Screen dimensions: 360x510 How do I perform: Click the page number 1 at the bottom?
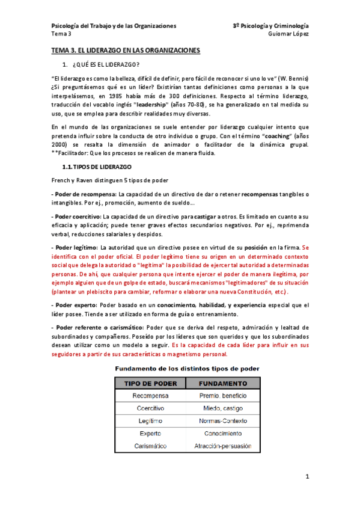click(307, 477)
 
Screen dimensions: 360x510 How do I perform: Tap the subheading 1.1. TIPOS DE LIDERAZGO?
click(97, 165)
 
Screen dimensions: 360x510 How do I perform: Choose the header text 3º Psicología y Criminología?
click(270, 26)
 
